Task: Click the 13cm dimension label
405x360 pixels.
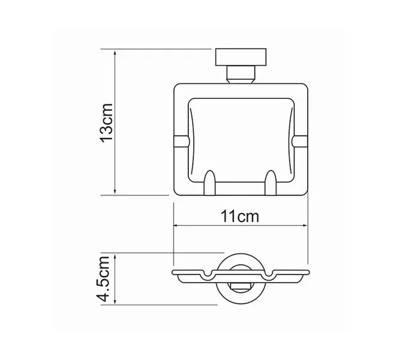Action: (107, 123)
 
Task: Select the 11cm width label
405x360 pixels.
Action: (239, 217)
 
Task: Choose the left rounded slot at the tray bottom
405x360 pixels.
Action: (209, 182)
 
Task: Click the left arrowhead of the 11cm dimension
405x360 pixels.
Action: (176, 226)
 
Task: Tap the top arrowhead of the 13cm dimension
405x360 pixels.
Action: (116, 52)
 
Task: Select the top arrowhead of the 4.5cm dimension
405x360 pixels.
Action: (116, 254)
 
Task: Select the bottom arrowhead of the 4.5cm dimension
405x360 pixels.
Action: (116, 304)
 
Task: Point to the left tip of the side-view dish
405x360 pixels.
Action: (174, 274)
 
